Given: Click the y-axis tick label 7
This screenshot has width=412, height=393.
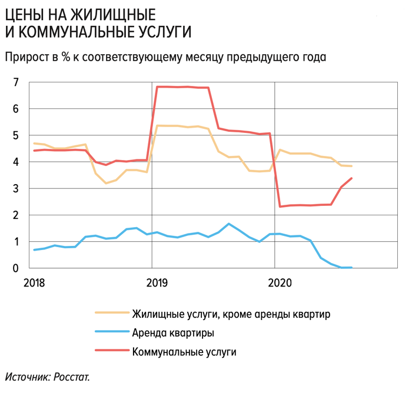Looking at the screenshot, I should point(16,82).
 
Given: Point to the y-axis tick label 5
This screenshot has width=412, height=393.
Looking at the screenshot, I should point(16,135).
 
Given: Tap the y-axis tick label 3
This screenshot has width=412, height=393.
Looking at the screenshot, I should point(16,188).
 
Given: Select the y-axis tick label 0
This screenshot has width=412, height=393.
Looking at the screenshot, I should point(16,268).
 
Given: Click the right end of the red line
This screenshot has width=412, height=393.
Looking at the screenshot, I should point(351,178).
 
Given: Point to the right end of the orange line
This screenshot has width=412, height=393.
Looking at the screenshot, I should point(351,166).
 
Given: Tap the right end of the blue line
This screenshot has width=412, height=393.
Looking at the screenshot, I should point(351,268).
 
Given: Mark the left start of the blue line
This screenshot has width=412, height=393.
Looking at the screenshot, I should point(34,250).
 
